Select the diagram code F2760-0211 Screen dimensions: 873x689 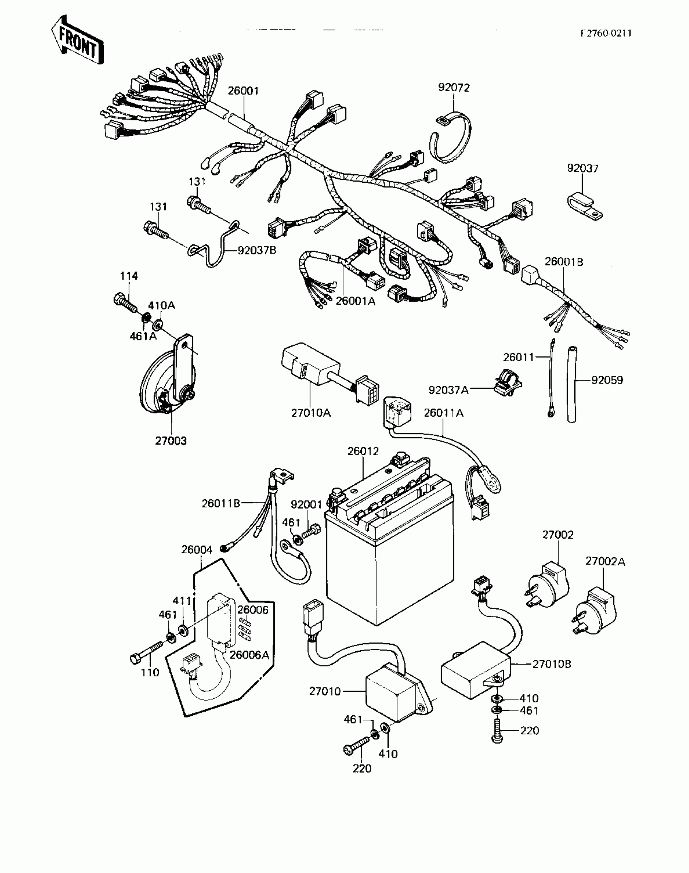[606, 34]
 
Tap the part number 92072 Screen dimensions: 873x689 [454, 88]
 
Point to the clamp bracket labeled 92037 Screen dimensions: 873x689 [584, 207]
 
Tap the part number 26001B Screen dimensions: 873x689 [564, 262]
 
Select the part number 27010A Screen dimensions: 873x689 [311, 413]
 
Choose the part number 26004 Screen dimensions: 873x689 [197, 550]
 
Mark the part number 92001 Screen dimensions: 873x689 [306, 505]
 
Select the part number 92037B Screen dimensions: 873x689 [257, 250]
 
